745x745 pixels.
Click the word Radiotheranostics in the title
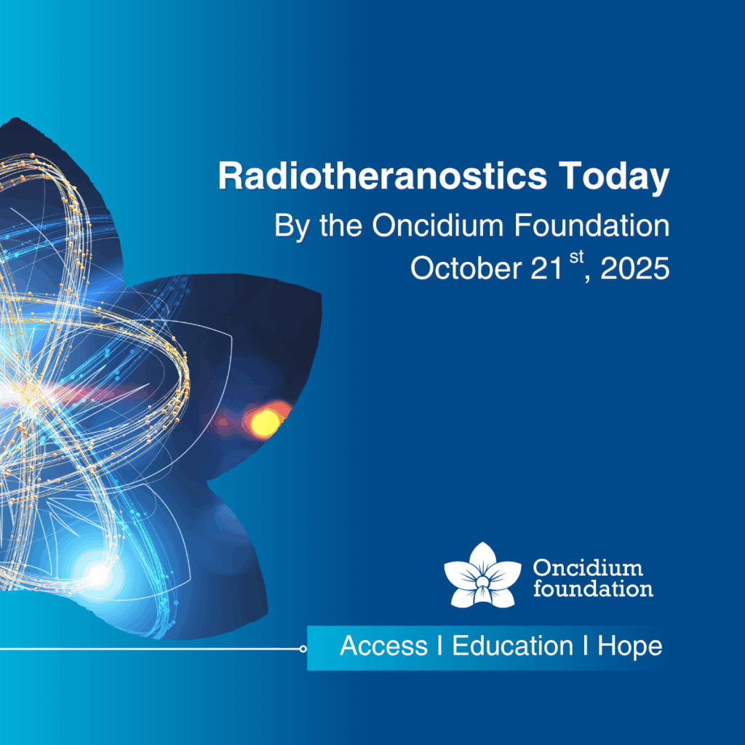click(383, 176)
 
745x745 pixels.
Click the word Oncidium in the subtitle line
click(437, 225)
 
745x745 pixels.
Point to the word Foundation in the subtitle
click(592, 225)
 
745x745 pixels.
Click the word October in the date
click(466, 268)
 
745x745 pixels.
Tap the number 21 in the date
click(546, 268)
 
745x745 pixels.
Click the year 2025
click(635, 268)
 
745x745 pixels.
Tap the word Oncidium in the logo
click(588, 567)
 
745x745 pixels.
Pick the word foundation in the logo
click(593, 588)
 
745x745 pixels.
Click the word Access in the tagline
click(384, 646)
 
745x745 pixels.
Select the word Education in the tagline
click(513, 646)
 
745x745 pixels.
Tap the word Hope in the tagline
click(629, 647)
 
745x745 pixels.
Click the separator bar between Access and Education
click(440, 646)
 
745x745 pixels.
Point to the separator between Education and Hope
click(586, 646)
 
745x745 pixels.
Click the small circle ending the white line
click(303, 648)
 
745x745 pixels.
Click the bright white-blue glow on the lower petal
click(98, 575)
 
